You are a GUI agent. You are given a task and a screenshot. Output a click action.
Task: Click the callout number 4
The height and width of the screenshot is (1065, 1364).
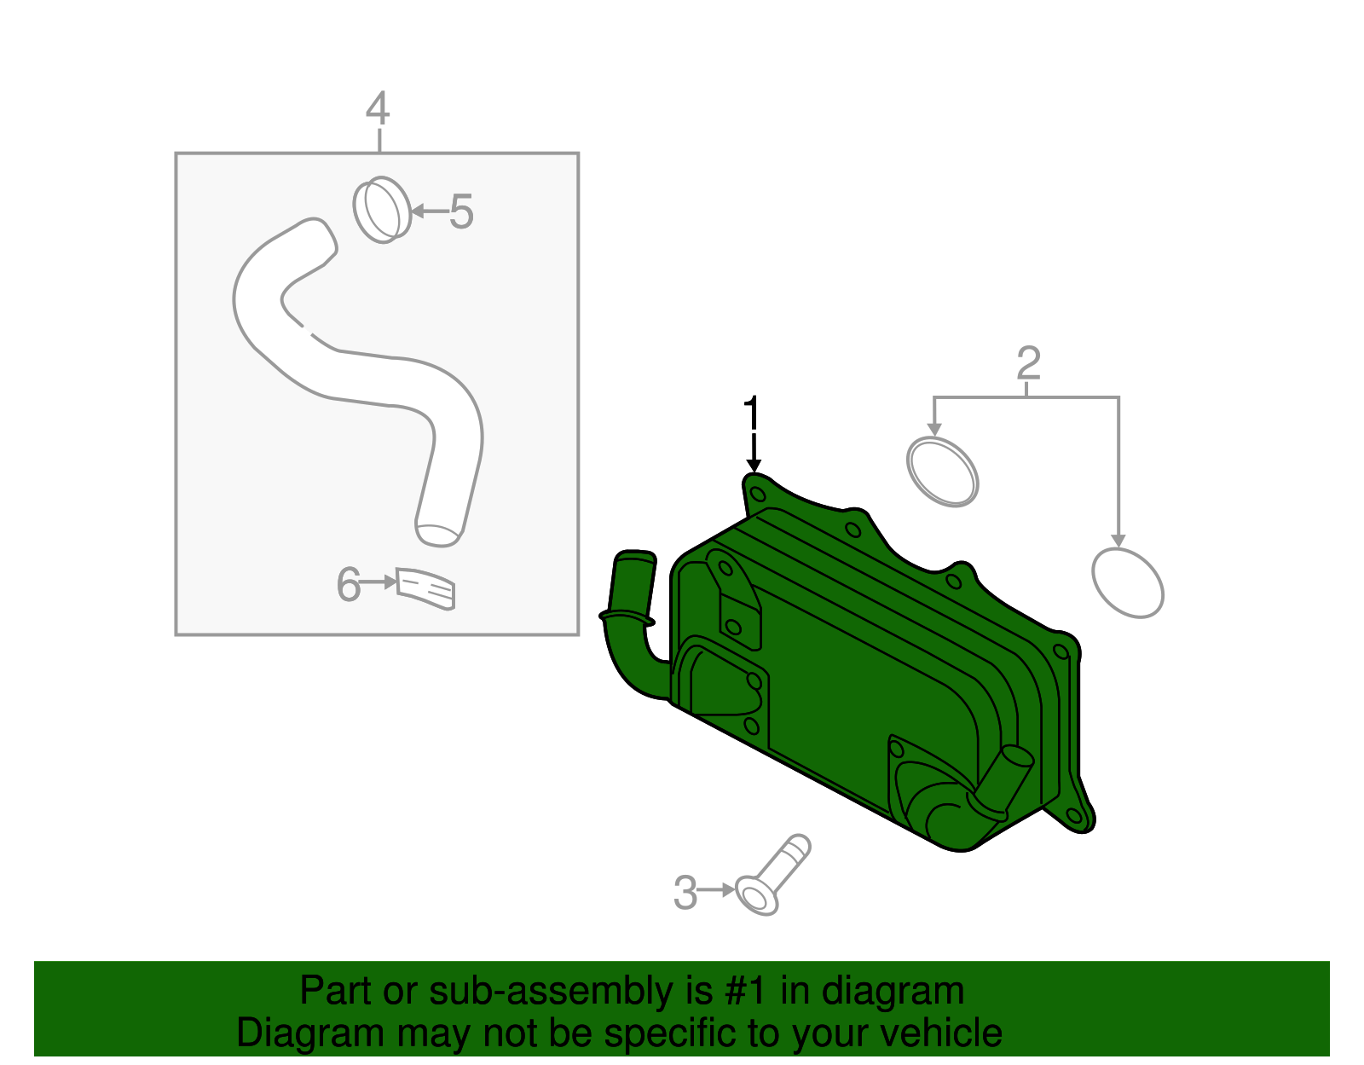pyautogui.click(x=378, y=109)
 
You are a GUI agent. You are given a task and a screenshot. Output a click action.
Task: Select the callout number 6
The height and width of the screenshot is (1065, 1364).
pyautogui.click(x=348, y=585)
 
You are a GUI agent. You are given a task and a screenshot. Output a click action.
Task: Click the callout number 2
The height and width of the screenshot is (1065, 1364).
pyautogui.click(x=1028, y=363)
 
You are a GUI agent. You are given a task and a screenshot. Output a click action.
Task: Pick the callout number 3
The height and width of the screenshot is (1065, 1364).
pyautogui.click(x=685, y=892)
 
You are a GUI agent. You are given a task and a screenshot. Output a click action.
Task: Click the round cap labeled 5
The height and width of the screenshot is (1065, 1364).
pyautogui.click(x=382, y=210)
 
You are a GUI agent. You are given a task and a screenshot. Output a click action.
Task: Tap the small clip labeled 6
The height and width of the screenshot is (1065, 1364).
pyautogui.click(x=426, y=588)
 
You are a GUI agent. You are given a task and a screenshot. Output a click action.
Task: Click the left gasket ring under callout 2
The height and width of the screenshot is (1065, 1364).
pyautogui.click(x=942, y=472)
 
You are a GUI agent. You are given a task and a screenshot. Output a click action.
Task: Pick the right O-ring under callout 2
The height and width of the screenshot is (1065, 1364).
pyautogui.click(x=1128, y=582)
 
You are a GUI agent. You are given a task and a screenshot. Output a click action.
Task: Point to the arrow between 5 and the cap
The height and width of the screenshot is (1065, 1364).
pyautogui.click(x=430, y=211)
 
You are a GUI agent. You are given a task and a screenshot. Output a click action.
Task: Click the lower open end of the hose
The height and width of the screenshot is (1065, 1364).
pyautogui.click(x=438, y=535)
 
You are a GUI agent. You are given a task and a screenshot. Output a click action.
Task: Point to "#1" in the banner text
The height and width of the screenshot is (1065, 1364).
pyautogui.click(x=747, y=992)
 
